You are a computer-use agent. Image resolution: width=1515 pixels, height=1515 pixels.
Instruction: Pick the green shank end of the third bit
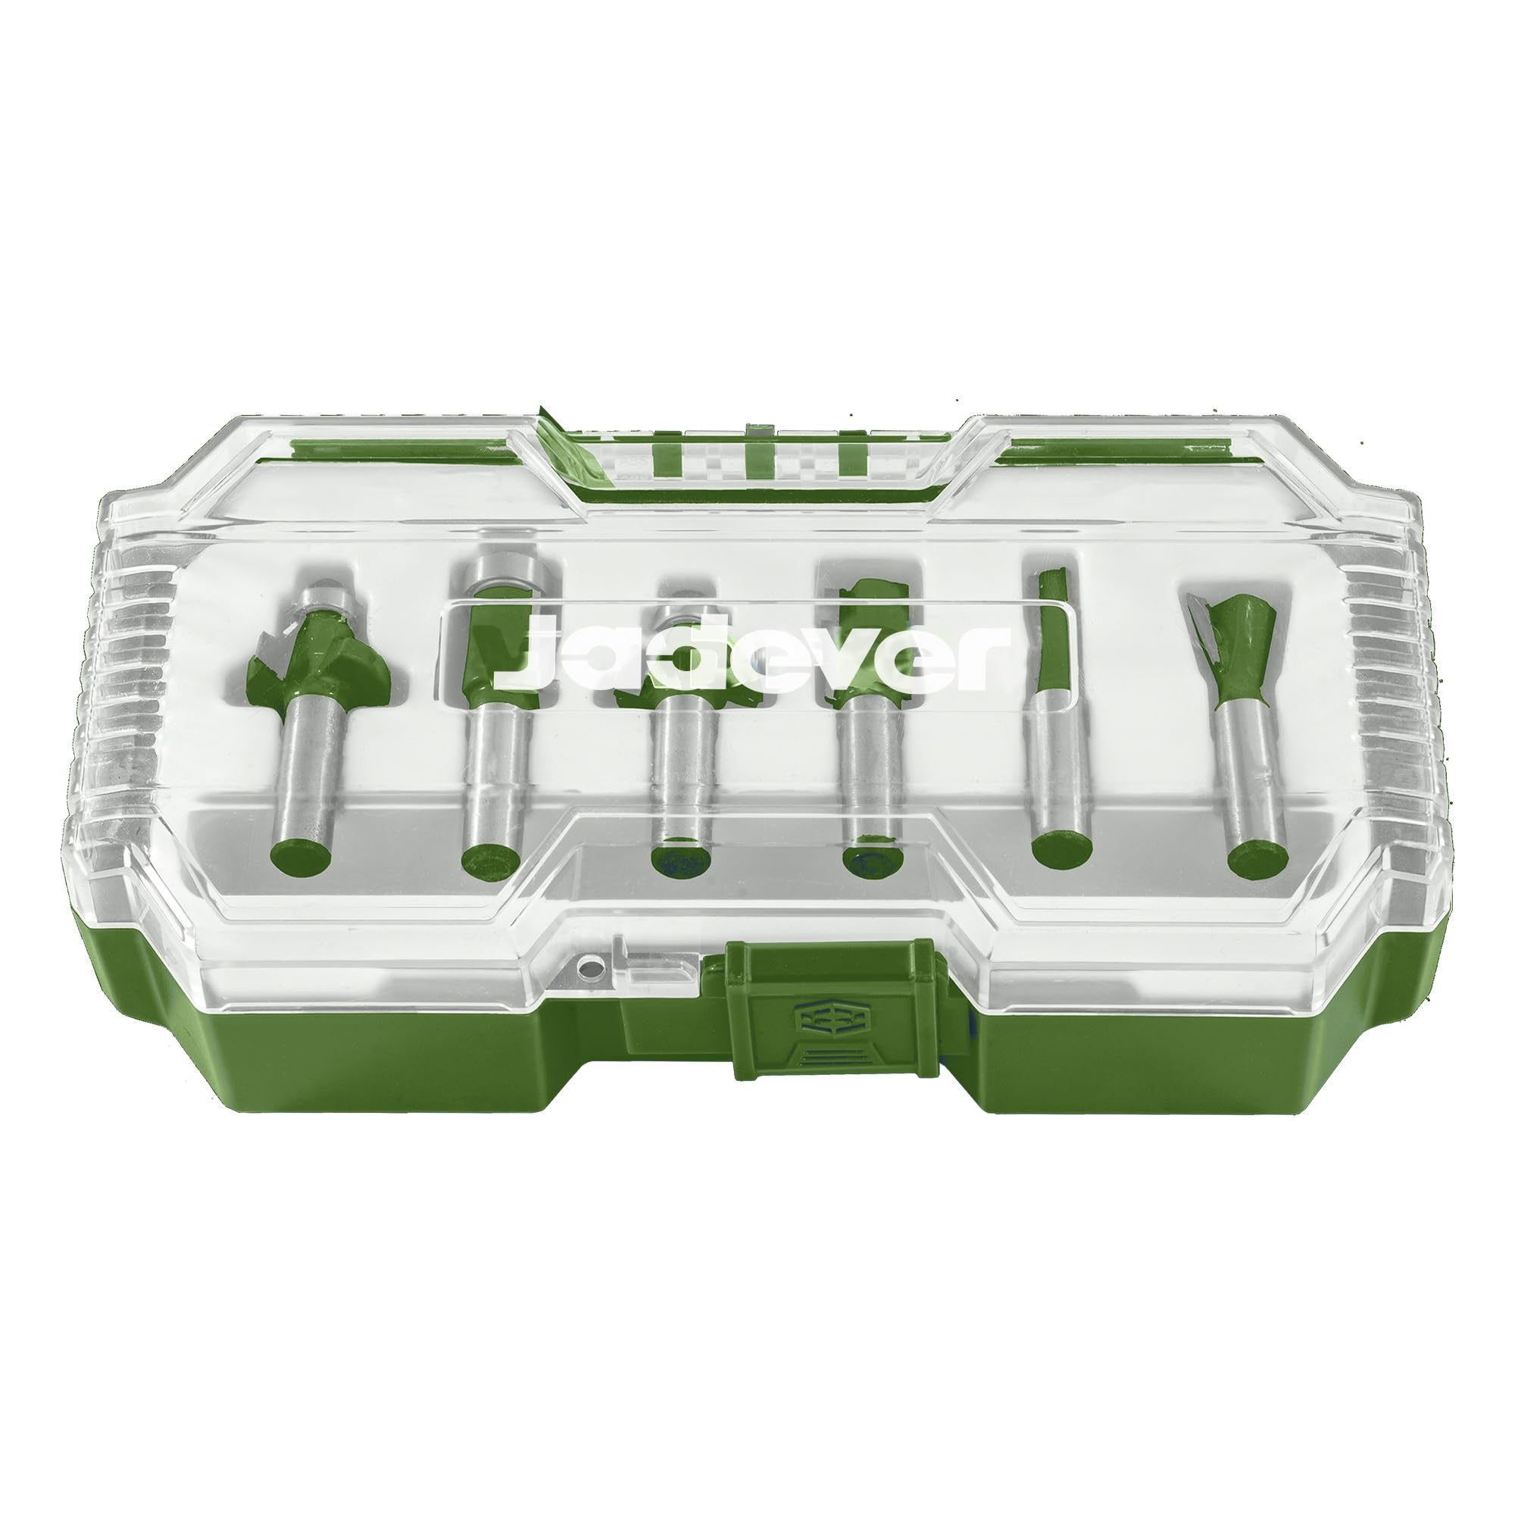tap(682, 858)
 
